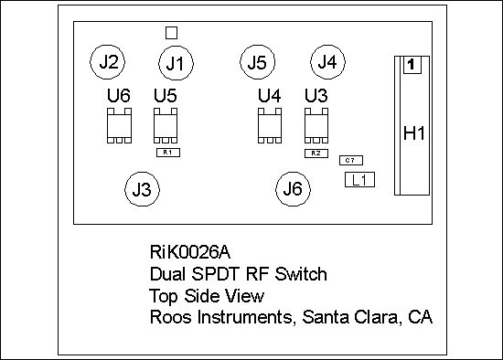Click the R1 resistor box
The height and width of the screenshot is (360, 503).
tap(168, 153)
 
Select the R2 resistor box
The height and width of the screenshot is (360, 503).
tap(316, 154)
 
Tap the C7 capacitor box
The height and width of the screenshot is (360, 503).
tap(351, 160)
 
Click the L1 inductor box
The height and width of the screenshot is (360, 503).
tap(360, 180)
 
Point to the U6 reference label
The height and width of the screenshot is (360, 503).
tap(119, 96)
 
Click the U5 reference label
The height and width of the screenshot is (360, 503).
tap(166, 96)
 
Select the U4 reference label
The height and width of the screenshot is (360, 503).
tap(270, 96)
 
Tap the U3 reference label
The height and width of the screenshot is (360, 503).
tap(316, 96)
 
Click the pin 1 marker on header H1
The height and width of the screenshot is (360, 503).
tap(412, 65)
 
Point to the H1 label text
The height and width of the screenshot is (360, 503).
tap(414, 133)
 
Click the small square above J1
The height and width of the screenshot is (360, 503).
tap(172, 33)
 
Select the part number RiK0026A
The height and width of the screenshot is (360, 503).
tap(190, 252)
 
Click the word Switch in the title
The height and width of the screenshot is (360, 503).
tap(301, 274)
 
